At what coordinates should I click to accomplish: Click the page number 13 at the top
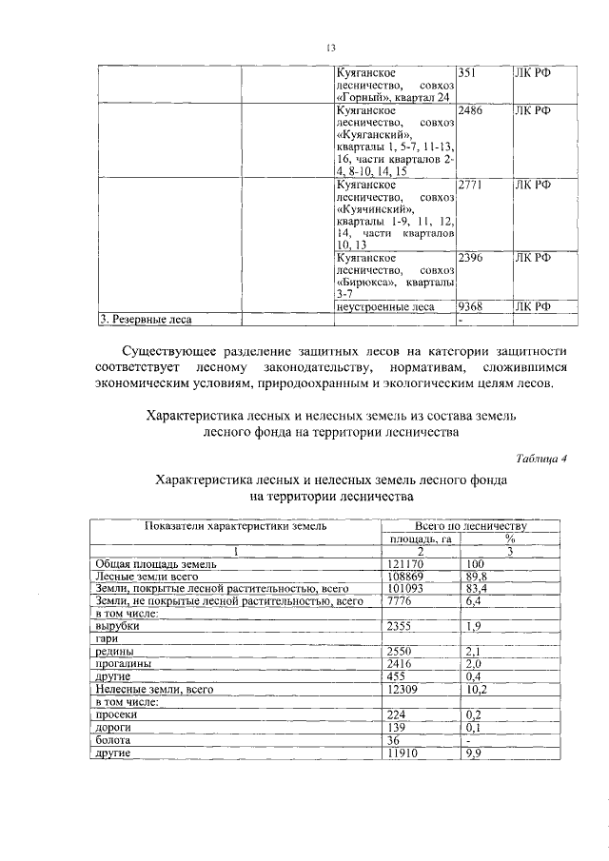(331, 48)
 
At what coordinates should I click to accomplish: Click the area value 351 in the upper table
(468, 72)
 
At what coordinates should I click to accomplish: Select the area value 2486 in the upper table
(471, 110)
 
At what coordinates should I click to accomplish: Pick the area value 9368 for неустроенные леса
(471, 306)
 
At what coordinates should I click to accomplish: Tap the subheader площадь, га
(420, 538)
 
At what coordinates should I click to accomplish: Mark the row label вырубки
(119, 626)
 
